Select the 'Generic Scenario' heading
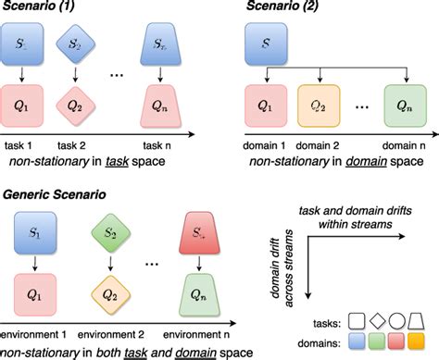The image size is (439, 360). click(56, 196)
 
